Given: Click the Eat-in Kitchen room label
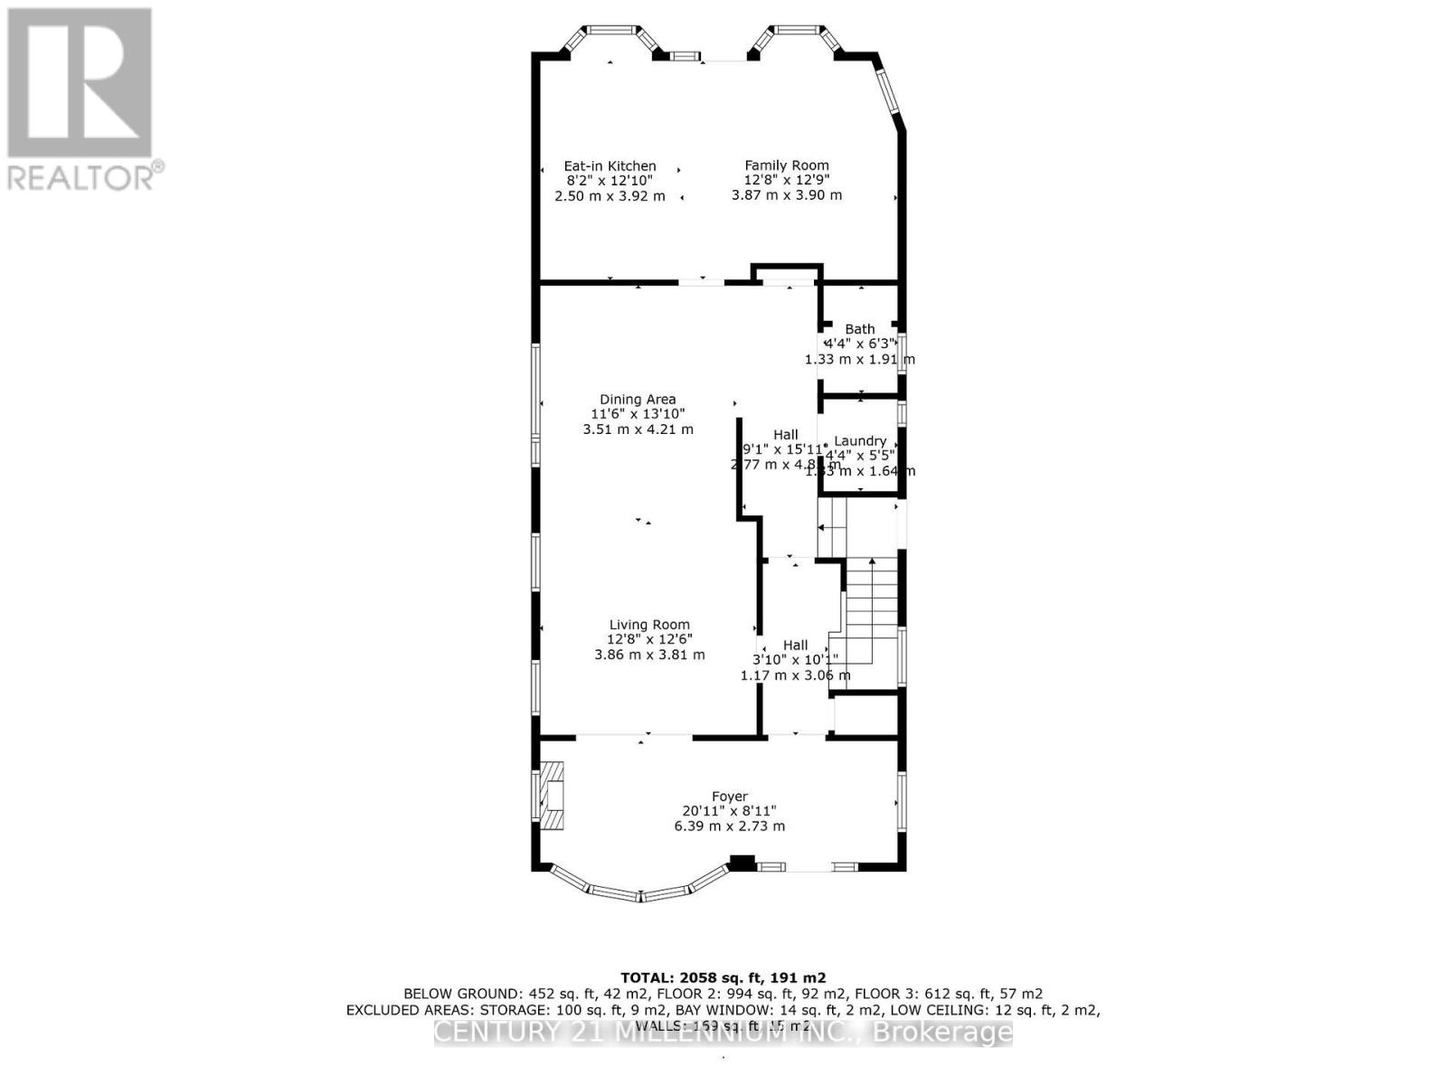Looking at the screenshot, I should point(610,166).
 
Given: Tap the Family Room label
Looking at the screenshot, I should point(787,165).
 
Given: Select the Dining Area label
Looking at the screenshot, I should point(638,399).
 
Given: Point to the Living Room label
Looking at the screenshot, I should point(649,625).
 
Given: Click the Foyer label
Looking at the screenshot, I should point(729,797).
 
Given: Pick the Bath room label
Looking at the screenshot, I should point(860,329).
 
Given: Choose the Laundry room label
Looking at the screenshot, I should point(860,441).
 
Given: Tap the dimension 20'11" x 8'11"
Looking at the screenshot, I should point(729,811).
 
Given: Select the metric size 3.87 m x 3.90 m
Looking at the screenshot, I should point(787,195).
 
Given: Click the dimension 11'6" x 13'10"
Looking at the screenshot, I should point(638,413).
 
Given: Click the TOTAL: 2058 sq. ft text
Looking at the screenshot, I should point(723,977).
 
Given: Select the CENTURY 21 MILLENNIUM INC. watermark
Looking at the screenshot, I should point(723,1033).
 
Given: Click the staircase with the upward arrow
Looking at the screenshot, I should point(871,597).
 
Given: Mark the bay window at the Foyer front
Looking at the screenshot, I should point(639,891).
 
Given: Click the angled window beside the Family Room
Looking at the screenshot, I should point(889,90).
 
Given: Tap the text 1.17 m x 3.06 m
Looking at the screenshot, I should point(795,675).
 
